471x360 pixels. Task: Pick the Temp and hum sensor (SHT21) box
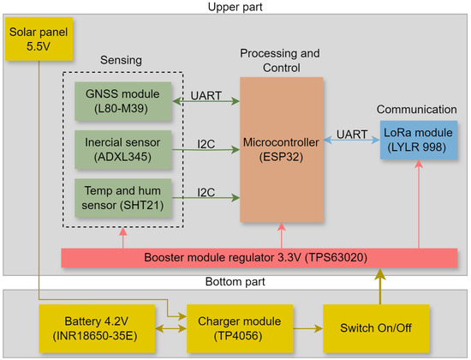(x=122, y=196)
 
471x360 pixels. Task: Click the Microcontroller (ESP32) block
(x=282, y=147)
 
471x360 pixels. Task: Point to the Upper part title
(x=235, y=7)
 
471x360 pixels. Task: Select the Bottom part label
(x=235, y=282)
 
